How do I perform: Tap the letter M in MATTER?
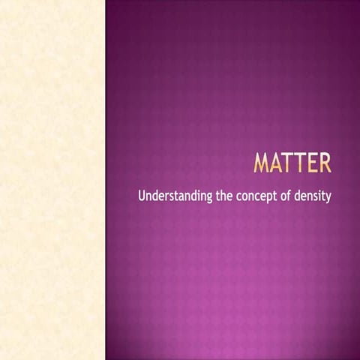263,163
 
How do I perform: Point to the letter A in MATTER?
279,163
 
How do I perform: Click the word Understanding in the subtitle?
175,198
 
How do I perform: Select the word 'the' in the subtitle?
224,198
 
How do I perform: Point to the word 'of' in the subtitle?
292,198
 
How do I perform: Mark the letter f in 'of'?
295,197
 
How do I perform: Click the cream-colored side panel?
52,180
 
